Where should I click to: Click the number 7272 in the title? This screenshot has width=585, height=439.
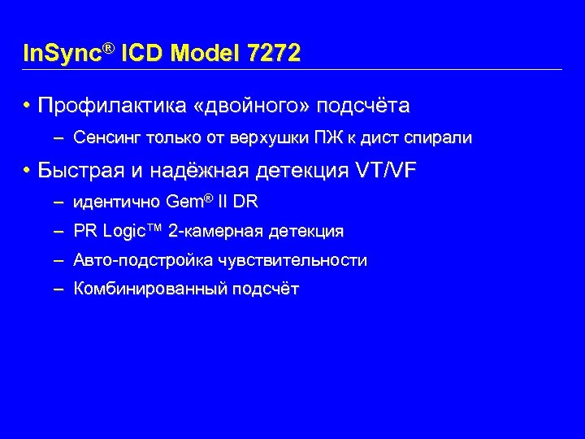[275, 54]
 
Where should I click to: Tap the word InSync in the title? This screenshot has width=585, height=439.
[61, 54]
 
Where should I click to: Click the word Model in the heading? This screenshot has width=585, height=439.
[207, 54]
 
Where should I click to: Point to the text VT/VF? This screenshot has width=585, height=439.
[387, 171]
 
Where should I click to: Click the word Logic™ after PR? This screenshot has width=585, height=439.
[132, 232]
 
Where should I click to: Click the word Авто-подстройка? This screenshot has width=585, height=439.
[135, 261]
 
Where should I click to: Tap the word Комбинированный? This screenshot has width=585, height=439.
[149, 289]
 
